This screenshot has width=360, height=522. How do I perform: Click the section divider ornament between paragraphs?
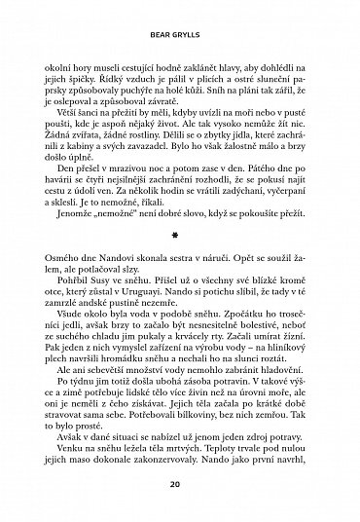click(x=179, y=235)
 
